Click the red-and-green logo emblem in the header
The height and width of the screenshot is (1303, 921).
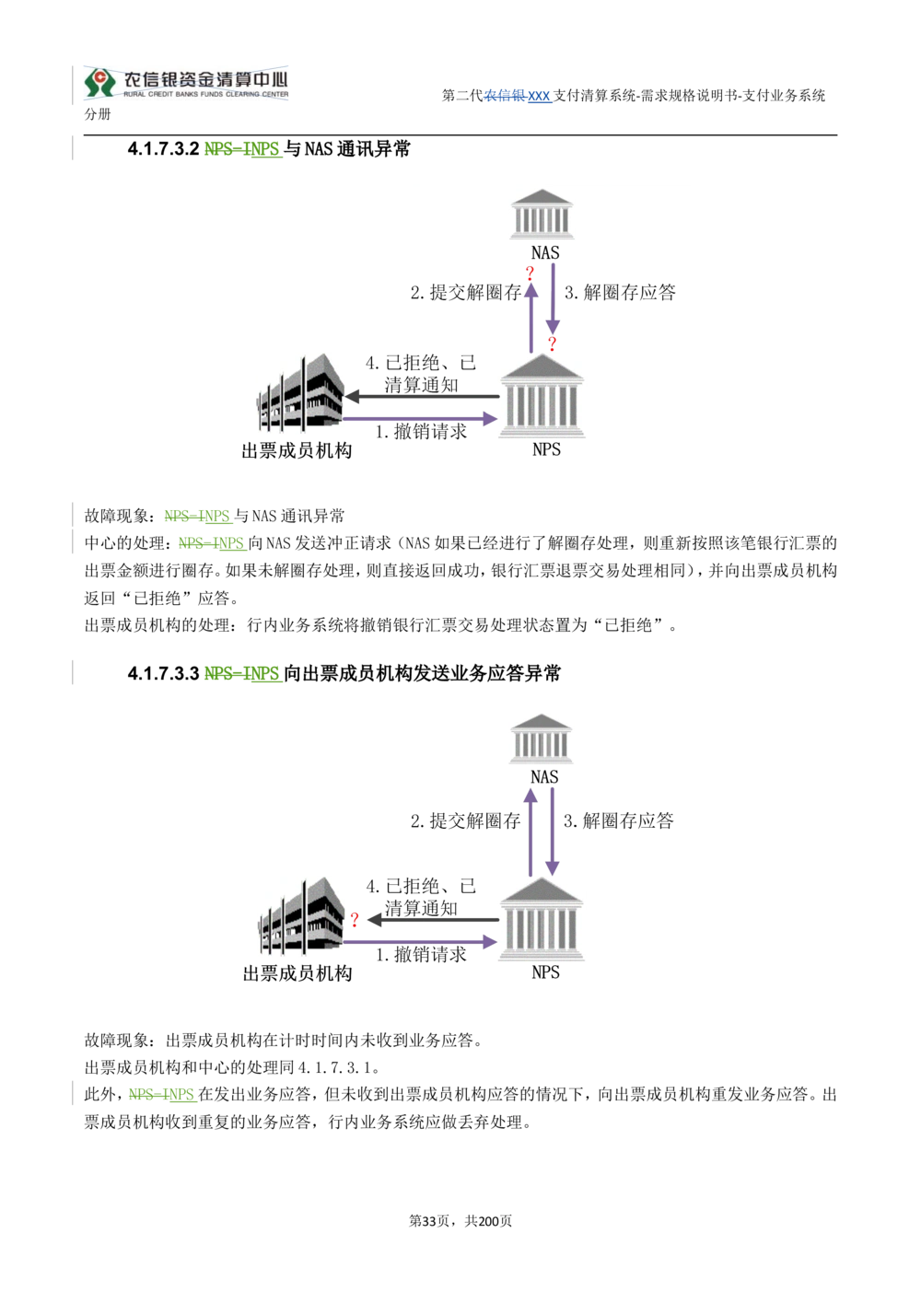coord(99,83)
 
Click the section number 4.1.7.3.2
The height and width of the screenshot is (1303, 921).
coord(164,149)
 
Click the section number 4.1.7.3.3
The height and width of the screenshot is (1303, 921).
coord(164,674)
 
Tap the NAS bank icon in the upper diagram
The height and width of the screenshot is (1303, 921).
coord(542,214)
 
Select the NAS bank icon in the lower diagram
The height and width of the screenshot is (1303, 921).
coord(541,739)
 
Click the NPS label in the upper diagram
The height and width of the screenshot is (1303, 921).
coord(546,449)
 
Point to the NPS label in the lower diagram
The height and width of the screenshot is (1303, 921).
coord(546,972)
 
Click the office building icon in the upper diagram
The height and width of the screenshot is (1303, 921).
coord(300,392)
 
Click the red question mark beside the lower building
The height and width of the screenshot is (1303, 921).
coord(355,920)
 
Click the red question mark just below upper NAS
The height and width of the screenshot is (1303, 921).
coord(530,273)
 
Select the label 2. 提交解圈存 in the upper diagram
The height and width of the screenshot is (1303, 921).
coord(465,292)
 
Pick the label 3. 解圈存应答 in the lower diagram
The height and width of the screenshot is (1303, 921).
coord(619,820)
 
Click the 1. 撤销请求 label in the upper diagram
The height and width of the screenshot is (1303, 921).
coord(421,432)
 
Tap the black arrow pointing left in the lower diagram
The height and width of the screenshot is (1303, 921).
coord(434,920)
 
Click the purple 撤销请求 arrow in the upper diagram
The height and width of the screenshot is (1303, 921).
coord(420,418)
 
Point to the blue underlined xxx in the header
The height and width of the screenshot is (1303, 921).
coord(539,96)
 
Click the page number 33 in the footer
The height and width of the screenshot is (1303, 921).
coord(429,1221)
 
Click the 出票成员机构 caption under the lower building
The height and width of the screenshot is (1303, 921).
coord(297,973)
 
